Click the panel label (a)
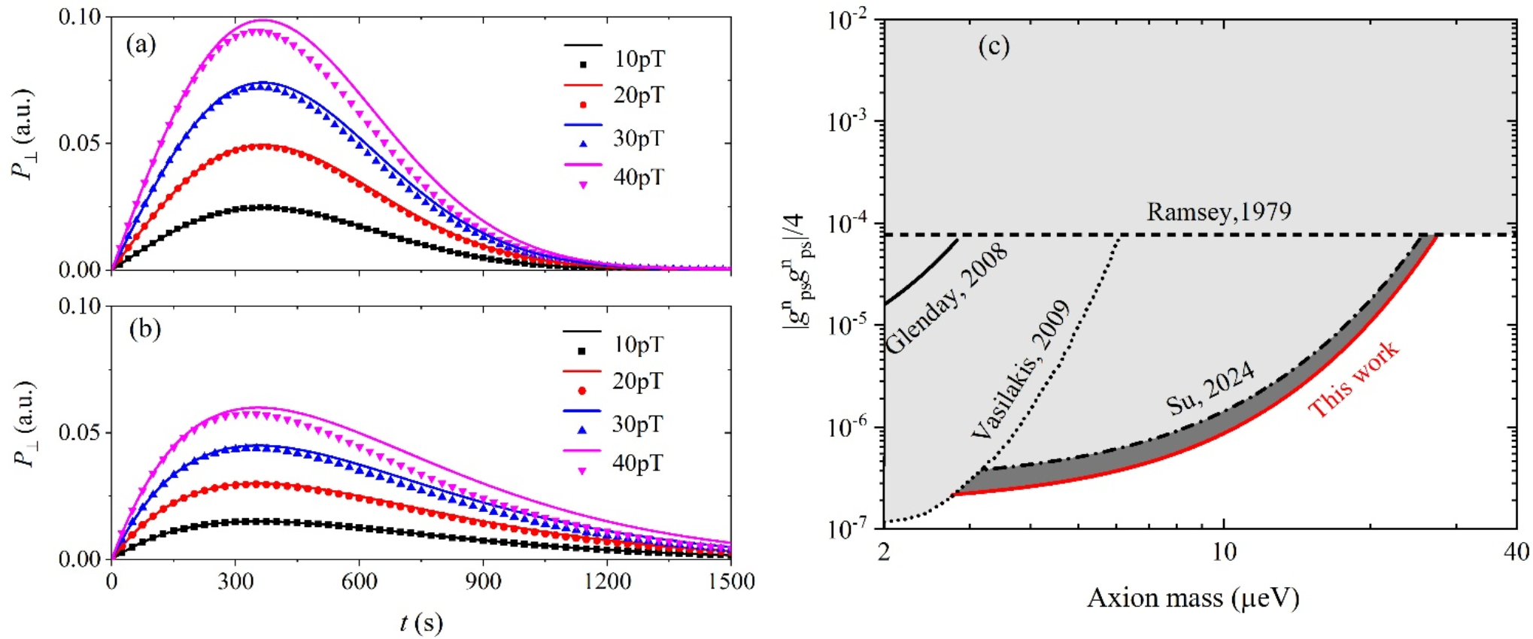coord(141,45)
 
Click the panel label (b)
coord(145,329)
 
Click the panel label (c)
coord(994,47)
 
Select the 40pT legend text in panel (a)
coord(639,177)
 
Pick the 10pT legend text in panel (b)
coord(638,344)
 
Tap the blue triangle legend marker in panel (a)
coord(583,143)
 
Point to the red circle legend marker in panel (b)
coord(581,390)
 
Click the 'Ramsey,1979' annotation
coord(1219,212)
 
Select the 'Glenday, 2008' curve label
coord(947,298)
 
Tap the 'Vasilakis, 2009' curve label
coord(1021,369)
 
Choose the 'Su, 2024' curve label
coord(1210,387)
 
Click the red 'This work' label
coord(1354,379)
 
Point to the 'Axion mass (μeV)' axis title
coord(1193,598)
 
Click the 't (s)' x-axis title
coord(421,622)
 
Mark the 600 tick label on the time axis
coord(359,582)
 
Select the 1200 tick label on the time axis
coord(606,582)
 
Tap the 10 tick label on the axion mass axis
coord(1224,553)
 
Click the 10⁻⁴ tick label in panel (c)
coord(846,223)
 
